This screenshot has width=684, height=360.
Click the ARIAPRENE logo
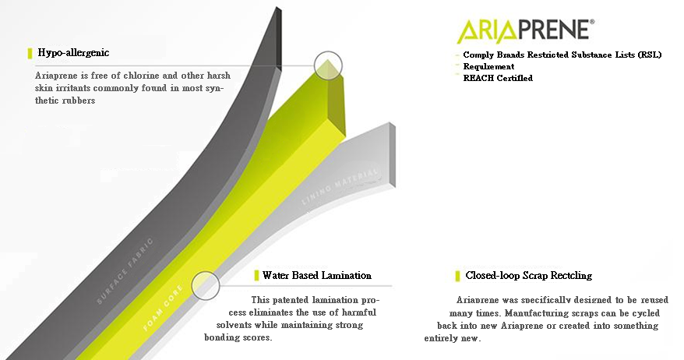[x=525, y=30]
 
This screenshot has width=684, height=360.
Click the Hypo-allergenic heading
[x=73, y=53]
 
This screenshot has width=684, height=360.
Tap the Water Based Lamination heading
[x=317, y=275]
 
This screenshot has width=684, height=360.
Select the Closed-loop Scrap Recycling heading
[x=529, y=275]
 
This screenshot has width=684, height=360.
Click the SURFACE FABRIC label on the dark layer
[x=125, y=270]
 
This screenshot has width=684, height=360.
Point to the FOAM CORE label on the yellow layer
[x=163, y=307]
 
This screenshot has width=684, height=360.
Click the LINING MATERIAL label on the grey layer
[x=340, y=186]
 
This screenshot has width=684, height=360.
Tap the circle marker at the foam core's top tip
[x=328, y=65]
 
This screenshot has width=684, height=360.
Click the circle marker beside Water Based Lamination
[x=205, y=285]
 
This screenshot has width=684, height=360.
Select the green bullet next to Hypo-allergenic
[x=30, y=53]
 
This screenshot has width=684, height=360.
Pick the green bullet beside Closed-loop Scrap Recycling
[x=457, y=276]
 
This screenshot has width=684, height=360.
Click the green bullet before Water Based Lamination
[x=256, y=275]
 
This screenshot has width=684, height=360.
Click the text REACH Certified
[x=498, y=78]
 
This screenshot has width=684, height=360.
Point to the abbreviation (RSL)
[x=649, y=55]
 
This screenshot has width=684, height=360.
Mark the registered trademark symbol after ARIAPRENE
[x=591, y=21]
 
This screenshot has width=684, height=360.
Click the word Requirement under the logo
[x=488, y=67]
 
